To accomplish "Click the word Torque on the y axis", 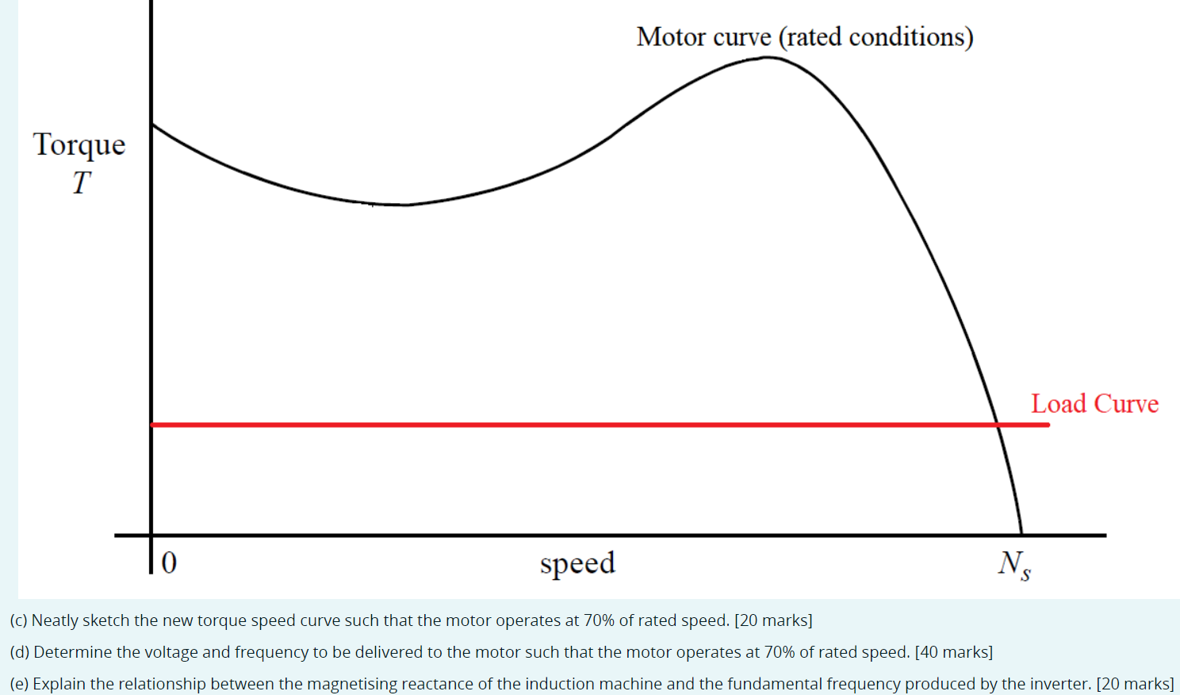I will (x=79, y=145).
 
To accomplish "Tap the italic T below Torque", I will (x=81, y=183).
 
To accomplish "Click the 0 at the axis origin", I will (x=169, y=563).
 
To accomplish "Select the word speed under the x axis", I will (x=577, y=563).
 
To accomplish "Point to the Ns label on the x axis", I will (x=1013, y=565).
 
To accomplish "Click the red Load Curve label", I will (x=1094, y=404).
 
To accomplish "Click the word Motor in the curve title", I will (x=671, y=37).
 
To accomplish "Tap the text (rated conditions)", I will (x=875, y=37).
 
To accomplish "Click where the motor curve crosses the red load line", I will (x=997, y=424).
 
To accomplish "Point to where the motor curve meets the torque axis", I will (x=151, y=125).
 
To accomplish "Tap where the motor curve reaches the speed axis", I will (x=1021, y=535).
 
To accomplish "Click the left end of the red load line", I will (x=153, y=424).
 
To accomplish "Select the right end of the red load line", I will (x=1048, y=424).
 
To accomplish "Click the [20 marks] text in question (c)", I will (x=773, y=620).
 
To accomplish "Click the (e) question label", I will (x=19, y=684).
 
